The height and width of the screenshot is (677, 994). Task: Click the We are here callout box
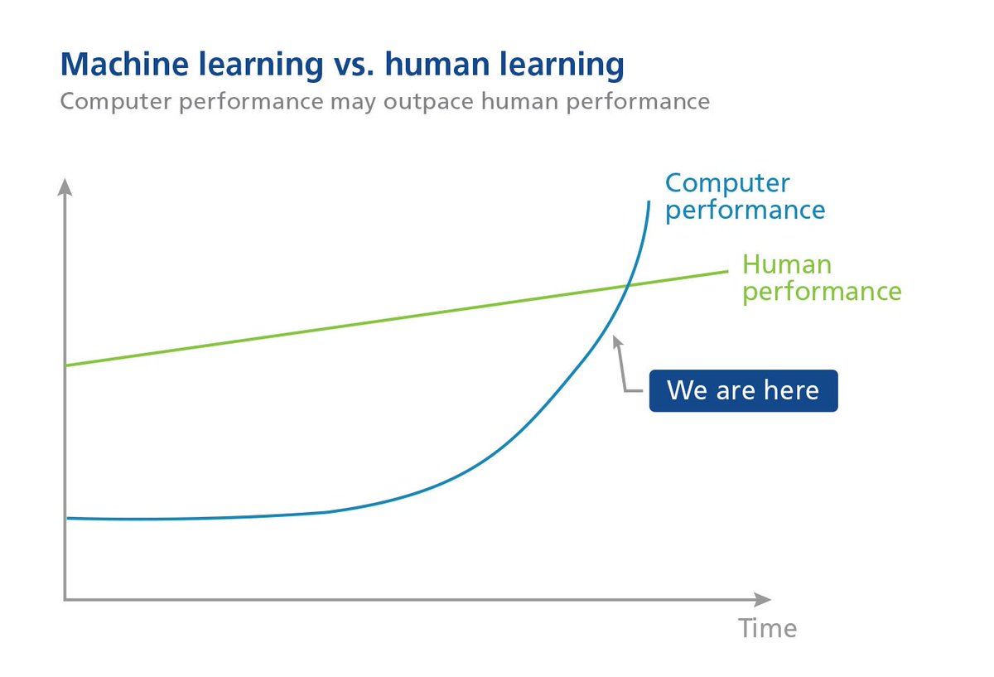[x=743, y=390]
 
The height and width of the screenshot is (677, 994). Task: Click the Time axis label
[x=768, y=628]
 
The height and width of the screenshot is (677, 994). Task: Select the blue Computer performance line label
[x=745, y=196]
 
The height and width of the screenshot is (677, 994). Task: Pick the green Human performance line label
[x=821, y=278]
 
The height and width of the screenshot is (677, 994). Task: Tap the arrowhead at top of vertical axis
[x=65, y=186]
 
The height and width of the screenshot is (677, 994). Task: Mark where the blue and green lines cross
[x=627, y=286]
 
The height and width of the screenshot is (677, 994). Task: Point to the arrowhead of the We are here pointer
[x=615, y=341]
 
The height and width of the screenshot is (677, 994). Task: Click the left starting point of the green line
[x=66, y=365]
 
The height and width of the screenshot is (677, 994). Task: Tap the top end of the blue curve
[x=647, y=201]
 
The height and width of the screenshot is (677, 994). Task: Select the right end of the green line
[x=726, y=271]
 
